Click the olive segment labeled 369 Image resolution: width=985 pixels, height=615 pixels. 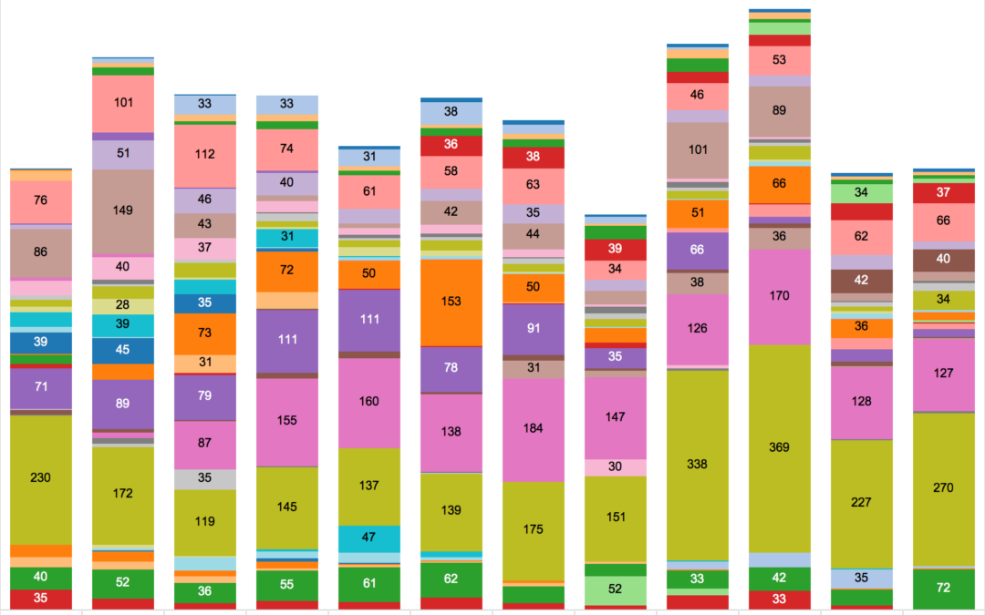tap(779, 447)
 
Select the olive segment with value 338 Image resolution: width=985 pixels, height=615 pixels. tap(697, 464)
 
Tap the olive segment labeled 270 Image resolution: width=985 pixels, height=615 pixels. tap(944, 488)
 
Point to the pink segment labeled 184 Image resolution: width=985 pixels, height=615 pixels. tap(533, 428)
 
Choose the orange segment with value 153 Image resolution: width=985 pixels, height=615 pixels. tap(451, 302)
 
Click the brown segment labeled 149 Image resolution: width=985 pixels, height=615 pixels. tap(122, 210)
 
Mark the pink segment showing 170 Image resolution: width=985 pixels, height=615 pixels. tap(779, 296)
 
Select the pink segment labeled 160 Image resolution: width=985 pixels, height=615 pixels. tap(368, 401)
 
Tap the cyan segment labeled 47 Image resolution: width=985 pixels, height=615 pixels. tap(368, 538)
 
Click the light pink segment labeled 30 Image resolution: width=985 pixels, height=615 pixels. tap(615, 466)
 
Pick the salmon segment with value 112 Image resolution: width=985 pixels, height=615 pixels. tap(204, 155)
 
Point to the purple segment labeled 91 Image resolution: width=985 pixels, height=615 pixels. tap(533, 328)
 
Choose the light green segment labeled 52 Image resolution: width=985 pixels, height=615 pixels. tap(615, 589)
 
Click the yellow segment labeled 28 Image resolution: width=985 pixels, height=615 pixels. tap(122, 305)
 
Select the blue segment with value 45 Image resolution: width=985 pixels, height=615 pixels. tap(122, 349)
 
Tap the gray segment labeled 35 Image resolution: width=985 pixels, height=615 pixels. tap(204, 478)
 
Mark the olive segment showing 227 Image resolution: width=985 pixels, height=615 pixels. tap(861, 503)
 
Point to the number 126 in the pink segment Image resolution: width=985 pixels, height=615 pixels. tap(697, 328)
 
